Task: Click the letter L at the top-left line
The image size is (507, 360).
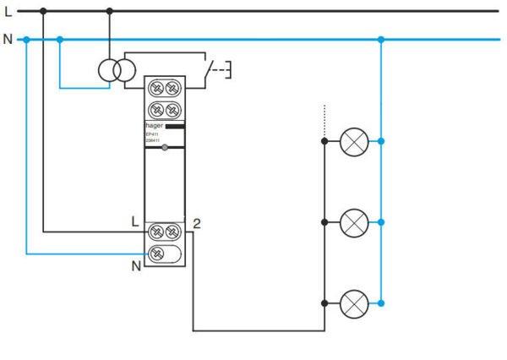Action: point(8,11)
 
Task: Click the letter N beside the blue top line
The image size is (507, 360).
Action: point(8,39)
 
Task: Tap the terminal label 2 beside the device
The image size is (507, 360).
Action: point(196,224)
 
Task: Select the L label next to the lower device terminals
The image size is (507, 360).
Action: point(135,221)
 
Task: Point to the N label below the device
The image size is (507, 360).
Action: point(135,265)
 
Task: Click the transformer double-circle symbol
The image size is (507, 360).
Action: point(114,72)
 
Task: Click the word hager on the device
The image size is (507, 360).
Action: point(155,124)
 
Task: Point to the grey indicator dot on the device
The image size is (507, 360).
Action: point(166,148)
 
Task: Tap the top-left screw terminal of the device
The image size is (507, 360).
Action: point(157,87)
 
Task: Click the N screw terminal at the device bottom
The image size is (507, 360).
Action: point(157,253)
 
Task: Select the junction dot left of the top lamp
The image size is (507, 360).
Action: point(324,142)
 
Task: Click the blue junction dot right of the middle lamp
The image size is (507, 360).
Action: point(382,223)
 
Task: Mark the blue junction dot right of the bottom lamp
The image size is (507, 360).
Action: point(382,303)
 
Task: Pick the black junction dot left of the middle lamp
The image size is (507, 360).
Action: point(324,223)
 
